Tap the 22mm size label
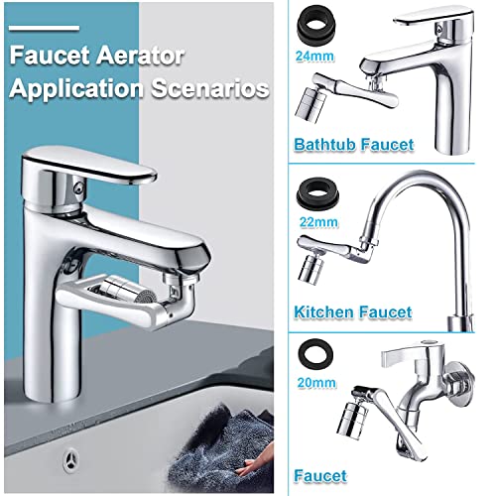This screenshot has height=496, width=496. (x=316, y=223)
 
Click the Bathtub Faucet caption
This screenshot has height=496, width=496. (x=353, y=146)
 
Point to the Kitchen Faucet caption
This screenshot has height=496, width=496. (x=353, y=312)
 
